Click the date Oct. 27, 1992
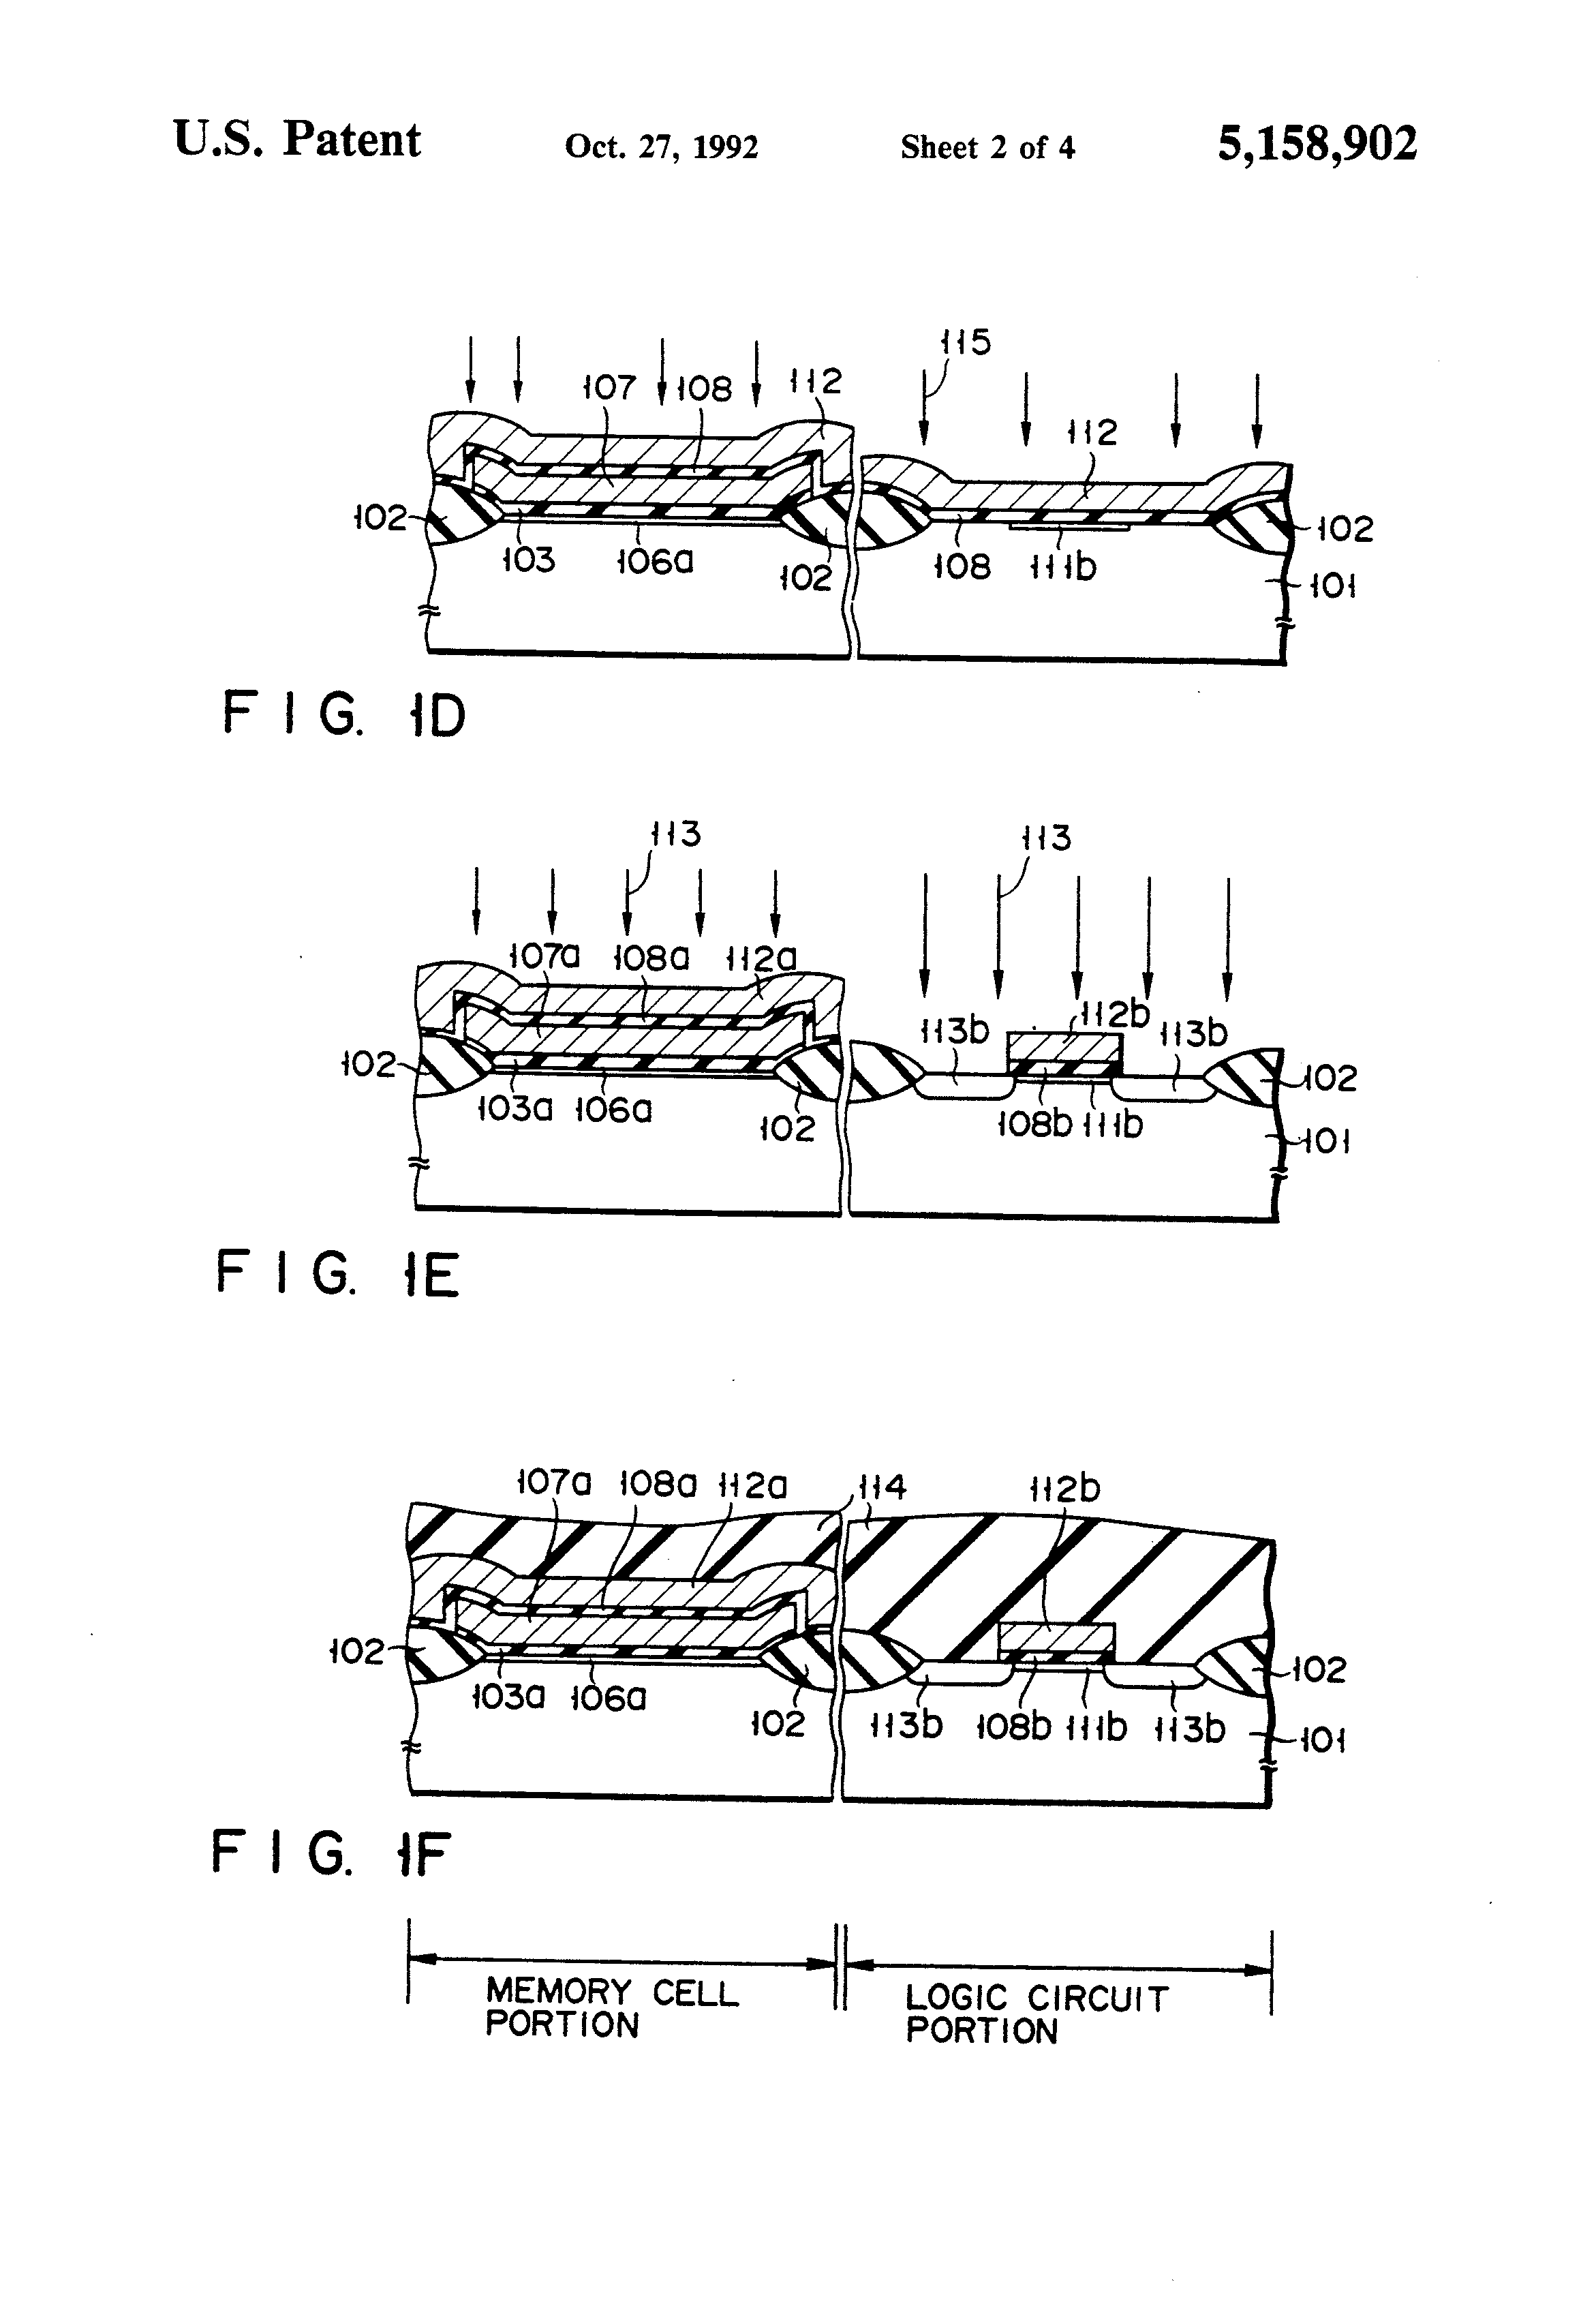click(662, 147)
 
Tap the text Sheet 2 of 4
click(987, 148)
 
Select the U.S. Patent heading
click(297, 139)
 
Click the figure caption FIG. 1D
click(343, 715)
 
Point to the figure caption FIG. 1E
click(337, 1275)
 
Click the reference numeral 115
click(966, 342)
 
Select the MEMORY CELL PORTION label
click(611, 2009)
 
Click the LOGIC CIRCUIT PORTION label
click(1037, 2015)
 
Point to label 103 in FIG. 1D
click(527, 560)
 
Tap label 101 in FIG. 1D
click(1332, 585)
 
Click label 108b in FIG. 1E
click(1034, 1125)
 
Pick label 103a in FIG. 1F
click(508, 1697)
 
